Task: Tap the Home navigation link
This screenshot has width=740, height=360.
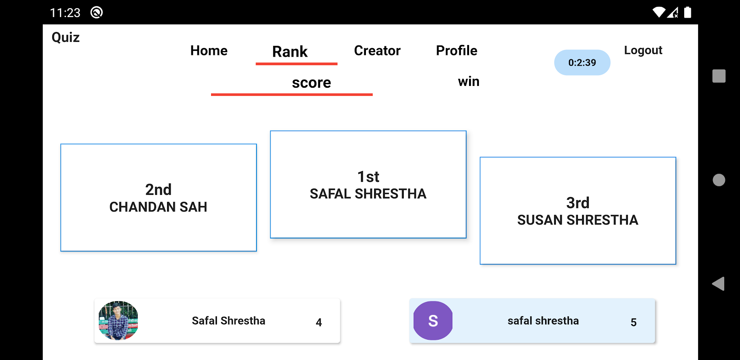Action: pyautogui.click(x=209, y=50)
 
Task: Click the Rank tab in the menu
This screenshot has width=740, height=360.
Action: pyautogui.click(x=290, y=52)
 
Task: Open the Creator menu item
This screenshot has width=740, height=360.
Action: pyautogui.click(x=377, y=50)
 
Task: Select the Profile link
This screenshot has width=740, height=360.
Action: pyautogui.click(x=456, y=50)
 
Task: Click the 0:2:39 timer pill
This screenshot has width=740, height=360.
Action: pyautogui.click(x=582, y=63)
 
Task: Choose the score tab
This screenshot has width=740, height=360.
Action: pyautogui.click(x=311, y=83)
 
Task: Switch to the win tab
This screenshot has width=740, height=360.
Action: pyautogui.click(x=469, y=81)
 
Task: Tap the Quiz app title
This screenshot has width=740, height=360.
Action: pyautogui.click(x=66, y=37)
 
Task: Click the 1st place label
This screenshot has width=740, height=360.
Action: pyautogui.click(x=368, y=177)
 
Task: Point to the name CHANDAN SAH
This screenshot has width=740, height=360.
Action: pyautogui.click(x=158, y=207)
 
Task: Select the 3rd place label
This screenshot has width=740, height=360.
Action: pyautogui.click(x=578, y=203)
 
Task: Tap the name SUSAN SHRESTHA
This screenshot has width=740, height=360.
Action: pyautogui.click(x=578, y=220)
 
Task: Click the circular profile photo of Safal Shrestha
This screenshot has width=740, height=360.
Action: pyautogui.click(x=118, y=320)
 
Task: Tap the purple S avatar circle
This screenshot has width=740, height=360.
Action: pyautogui.click(x=433, y=320)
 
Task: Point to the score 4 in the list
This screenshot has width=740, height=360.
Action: pyautogui.click(x=319, y=322)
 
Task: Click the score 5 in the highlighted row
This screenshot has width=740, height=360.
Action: pyautogui.click(x=633, y=322)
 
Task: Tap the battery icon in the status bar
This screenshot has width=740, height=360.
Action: pyautogui.click(x=687, y=12)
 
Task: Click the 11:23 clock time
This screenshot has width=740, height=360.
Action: pyautogui.click(x=65, y=13)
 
